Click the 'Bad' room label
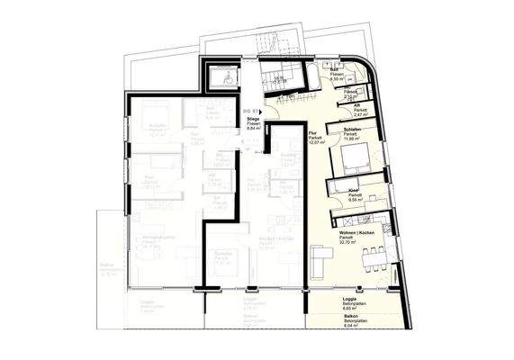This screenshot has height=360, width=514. click(333, 69)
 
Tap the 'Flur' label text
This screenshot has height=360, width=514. click(313, 132)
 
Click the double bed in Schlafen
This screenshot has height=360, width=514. click(356, 163)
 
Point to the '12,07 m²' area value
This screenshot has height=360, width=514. click(316, 143)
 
